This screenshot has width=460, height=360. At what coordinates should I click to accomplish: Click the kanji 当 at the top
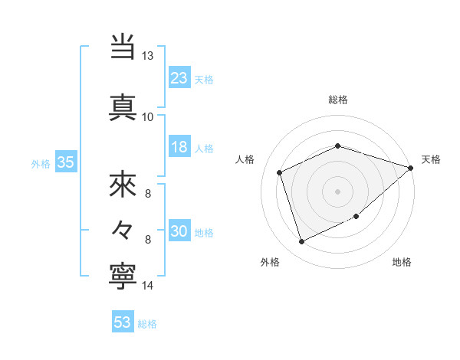[123, 47]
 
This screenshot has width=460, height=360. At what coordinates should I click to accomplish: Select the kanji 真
[123, 106]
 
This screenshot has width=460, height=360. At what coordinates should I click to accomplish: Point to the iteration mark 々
[123, 229]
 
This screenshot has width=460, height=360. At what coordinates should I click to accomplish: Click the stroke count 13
[148, 56]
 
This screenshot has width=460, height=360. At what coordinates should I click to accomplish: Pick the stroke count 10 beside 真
[148, 116]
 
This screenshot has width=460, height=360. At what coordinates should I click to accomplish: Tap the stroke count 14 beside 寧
[148, 286]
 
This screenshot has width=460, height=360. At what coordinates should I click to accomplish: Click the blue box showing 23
[179, 78]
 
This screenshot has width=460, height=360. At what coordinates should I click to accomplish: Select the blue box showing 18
[179, 147]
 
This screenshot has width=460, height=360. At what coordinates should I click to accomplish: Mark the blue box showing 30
[179, 231]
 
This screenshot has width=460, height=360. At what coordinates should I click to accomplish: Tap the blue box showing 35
[65, 162]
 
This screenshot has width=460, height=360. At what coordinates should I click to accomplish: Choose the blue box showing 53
[123, 322]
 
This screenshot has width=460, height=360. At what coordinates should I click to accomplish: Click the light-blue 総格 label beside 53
[147, 324]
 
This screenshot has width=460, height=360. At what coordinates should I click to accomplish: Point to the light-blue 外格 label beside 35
[41, 164]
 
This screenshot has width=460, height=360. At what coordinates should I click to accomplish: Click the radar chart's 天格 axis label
[431, 159]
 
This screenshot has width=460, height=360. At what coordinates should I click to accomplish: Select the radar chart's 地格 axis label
[402, 262]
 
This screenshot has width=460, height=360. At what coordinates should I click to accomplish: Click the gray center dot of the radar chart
[337, 191]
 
